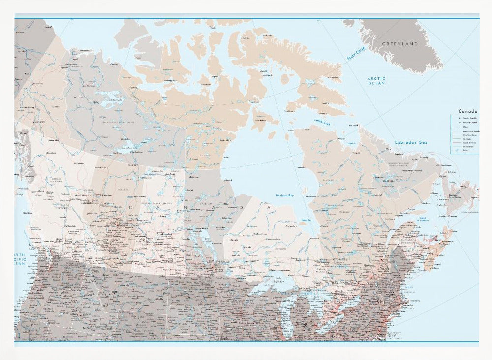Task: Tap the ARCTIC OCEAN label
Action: coord(376,81)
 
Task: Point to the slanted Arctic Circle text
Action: coord(356,53)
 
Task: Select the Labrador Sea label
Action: coord(411,142)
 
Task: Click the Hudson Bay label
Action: coord(284,195)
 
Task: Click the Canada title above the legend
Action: coord(467,111)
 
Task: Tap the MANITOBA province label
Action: coord(206,203)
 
